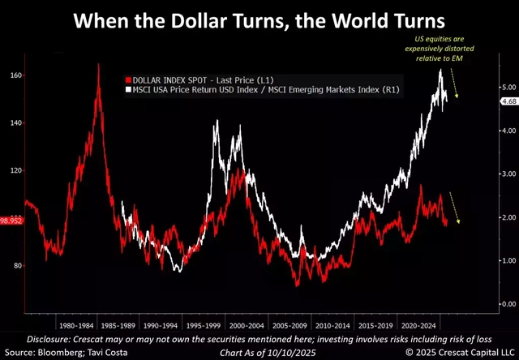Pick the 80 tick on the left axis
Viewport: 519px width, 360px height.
(13, 266)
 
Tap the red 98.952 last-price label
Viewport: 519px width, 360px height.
(12, 221)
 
